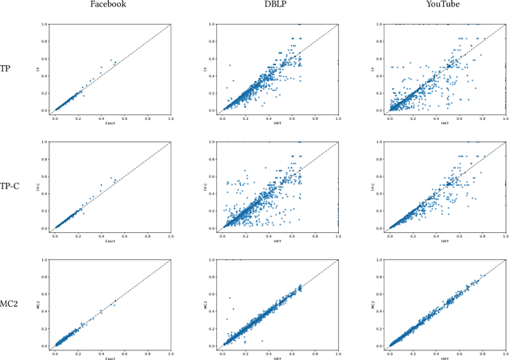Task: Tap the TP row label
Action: (6, 68)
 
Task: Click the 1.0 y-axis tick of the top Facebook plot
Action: (48, 25)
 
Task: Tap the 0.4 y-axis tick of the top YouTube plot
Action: (382, 76)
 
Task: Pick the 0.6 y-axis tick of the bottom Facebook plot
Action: (48, 294)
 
